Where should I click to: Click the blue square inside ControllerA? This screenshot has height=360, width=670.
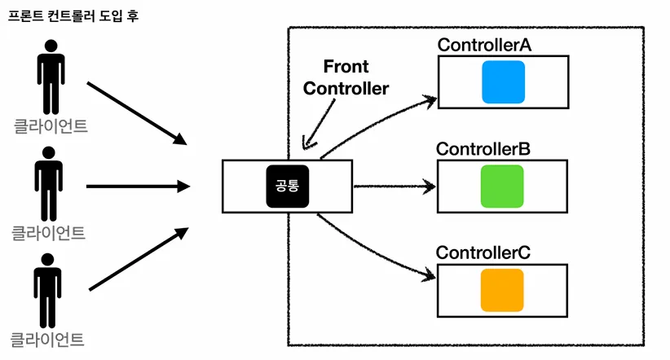(504, 82)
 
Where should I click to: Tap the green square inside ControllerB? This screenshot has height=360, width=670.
(502, 187)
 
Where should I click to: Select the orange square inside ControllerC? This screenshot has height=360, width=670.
(502, 290)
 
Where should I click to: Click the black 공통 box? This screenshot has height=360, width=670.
(288, 187)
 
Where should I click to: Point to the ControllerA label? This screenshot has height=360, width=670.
(484, 45)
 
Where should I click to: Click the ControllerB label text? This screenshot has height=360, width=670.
(483, 149)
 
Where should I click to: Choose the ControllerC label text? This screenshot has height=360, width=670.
(483, 252)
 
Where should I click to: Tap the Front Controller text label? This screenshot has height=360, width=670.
(346, 77)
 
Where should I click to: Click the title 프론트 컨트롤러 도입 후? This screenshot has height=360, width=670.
(73, 16)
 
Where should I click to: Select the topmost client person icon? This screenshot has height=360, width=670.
(51, 77)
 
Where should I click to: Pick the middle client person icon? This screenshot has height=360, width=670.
(49, 183)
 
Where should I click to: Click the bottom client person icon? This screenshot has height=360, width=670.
(47, 291)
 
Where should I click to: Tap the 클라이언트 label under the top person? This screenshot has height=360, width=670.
(51, 126)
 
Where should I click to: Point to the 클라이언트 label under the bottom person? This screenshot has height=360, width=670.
(47, 340)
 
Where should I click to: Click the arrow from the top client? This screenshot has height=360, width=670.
(137, 113)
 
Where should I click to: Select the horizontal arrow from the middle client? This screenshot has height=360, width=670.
(138, 187)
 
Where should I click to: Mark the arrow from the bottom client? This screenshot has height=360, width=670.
(139, 259)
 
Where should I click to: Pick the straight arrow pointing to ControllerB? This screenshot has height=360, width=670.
(395, 187)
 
